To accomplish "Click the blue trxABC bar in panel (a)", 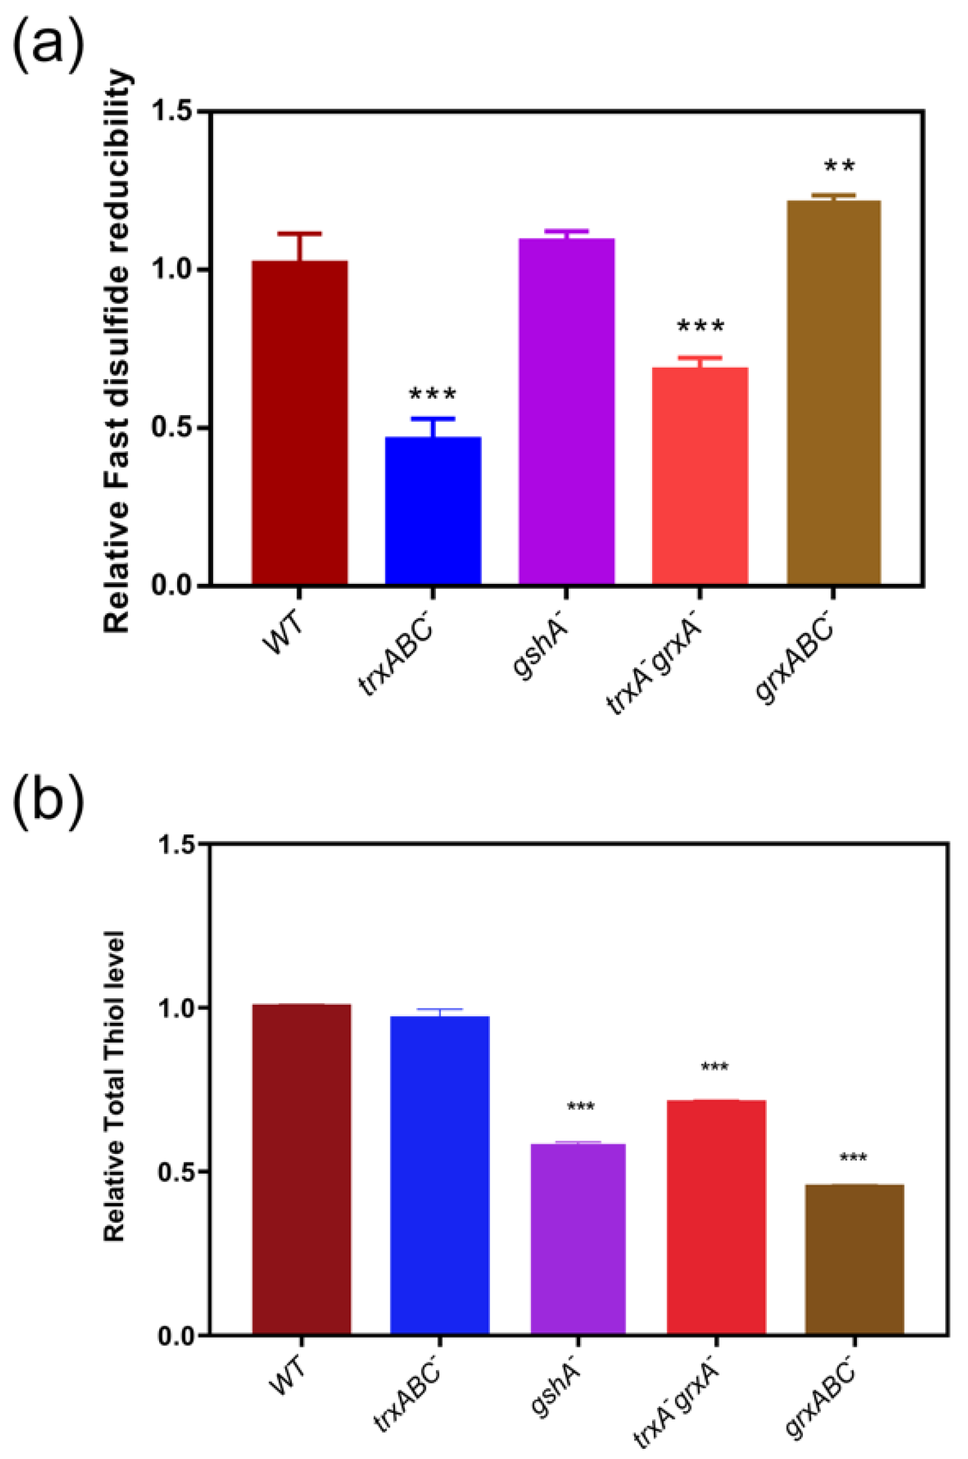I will point(433,510).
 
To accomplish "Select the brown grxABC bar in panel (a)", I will point(833,392).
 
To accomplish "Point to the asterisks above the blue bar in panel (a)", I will point(433,395).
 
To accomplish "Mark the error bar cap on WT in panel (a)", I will point(300,234).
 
